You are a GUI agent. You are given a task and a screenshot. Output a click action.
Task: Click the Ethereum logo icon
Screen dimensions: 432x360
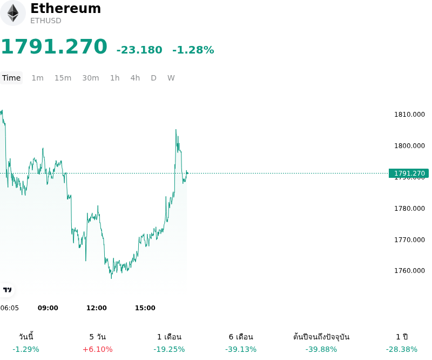point(12,13)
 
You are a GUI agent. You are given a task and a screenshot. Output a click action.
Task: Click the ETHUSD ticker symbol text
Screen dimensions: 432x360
point(46,21)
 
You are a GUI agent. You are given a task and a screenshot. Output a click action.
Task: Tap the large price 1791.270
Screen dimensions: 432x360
point(54,46)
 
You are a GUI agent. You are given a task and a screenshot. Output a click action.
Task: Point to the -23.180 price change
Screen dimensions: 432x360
point(139,50)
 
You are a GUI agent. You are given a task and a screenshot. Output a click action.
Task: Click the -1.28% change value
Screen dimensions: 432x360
point(193,50)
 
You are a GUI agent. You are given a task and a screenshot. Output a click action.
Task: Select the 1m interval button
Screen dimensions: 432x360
point(37,78)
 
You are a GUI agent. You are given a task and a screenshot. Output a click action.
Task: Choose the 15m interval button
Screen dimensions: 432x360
point(63,78)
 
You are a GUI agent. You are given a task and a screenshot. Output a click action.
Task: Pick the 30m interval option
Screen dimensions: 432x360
point(91,78)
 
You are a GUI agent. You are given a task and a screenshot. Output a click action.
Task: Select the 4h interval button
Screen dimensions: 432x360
point(135,78)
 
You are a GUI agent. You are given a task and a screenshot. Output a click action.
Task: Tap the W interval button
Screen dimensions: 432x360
point(171,78)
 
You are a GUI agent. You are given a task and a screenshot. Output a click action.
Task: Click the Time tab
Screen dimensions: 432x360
point(11,78)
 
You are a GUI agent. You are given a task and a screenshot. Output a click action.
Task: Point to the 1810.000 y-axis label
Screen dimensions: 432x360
point(409,115)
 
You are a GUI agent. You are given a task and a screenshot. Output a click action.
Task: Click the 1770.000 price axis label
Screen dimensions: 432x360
point(409,239)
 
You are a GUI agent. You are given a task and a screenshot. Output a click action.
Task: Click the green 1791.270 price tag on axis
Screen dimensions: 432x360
point(409,173)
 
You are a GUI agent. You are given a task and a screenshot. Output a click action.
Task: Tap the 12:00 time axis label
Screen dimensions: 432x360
point(97,308)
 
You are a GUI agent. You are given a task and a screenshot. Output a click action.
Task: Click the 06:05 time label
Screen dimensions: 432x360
point(9,308)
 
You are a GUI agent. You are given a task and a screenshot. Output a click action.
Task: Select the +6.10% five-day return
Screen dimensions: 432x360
point(98,350)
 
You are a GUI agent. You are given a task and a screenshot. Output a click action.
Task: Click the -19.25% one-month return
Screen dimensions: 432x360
point(169,350)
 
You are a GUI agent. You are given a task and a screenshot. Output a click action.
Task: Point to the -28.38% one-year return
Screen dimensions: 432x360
point(402,350)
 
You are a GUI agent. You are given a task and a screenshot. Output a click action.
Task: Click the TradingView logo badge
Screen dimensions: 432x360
point(7,290)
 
